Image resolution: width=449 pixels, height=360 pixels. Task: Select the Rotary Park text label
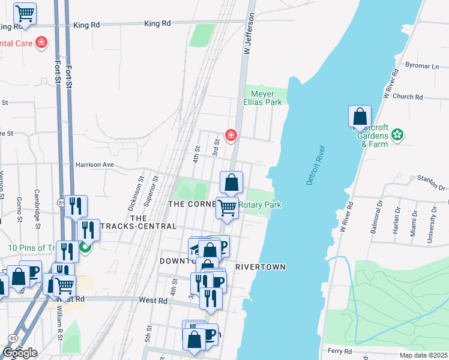260,205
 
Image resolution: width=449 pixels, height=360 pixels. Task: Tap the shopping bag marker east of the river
360,116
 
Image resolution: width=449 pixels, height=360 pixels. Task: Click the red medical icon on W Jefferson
230,137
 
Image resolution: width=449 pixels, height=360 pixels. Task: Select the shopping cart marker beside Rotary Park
227,208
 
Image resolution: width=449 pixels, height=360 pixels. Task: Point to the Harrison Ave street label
94,164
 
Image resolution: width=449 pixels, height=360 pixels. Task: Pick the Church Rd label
408,97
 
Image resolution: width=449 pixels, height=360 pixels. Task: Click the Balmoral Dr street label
379,221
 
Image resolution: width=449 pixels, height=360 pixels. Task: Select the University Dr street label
429,226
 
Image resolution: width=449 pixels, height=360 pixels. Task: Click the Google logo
20,353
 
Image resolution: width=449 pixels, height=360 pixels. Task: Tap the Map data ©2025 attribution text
423,355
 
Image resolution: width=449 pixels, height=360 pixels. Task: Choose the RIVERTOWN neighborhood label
260,266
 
